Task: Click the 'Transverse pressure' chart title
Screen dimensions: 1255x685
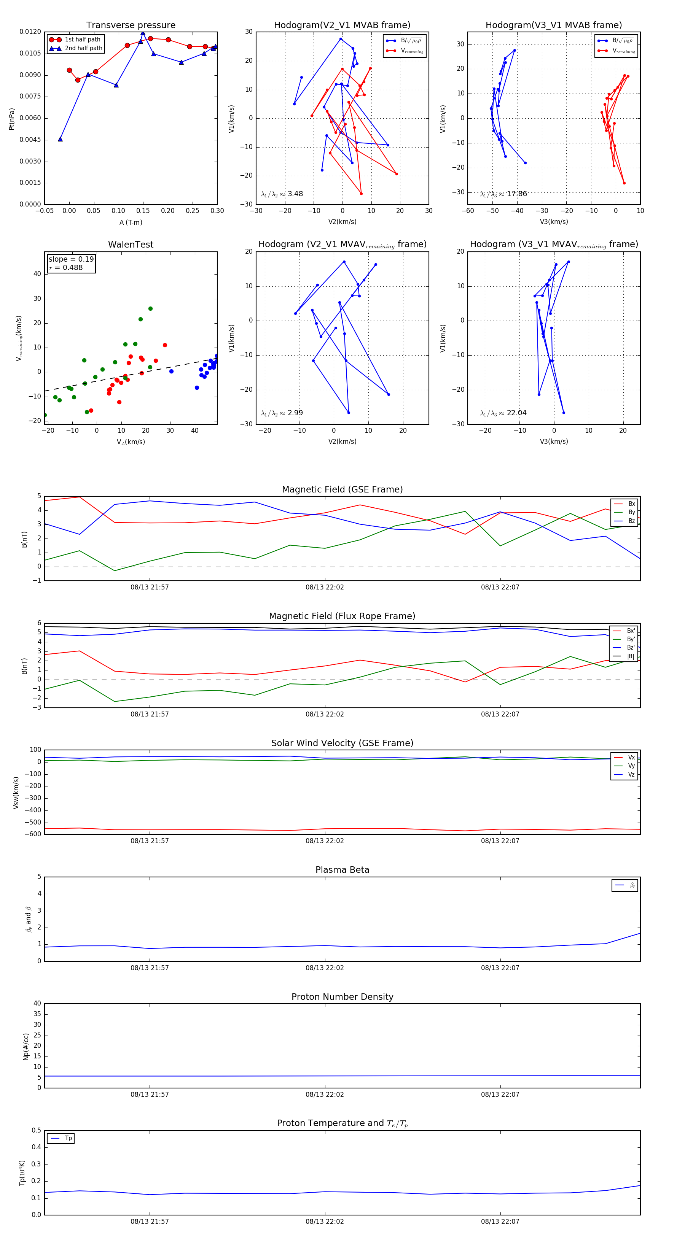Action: click(131, 25)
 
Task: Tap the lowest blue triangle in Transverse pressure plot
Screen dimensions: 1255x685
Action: click(61, 139)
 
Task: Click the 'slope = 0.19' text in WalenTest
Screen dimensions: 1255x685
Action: click(71, 259)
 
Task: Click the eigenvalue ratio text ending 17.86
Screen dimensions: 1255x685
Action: click(503, 194)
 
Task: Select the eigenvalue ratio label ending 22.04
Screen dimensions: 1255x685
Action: click(503, 413)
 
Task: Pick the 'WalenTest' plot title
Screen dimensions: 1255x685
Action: click(131, 245)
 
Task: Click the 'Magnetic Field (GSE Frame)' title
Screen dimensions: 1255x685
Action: click(342, 489)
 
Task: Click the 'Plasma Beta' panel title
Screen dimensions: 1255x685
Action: click(342, 870)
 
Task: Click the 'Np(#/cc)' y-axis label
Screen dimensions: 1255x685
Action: click(26, 1047)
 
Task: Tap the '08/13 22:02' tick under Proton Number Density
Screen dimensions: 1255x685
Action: click(325, 1095)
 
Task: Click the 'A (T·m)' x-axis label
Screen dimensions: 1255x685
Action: click(131, 222)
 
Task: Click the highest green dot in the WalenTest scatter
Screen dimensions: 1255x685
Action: click(150, 309)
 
